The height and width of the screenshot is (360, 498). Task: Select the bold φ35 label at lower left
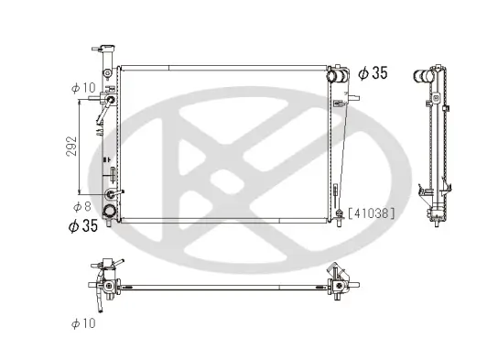(81, 223)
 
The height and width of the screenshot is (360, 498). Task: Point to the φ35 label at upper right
(373, 71)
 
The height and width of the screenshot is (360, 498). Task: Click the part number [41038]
(371, 213)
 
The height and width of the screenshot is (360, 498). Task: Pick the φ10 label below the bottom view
(83, 322)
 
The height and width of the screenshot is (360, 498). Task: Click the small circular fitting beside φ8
(112, 193)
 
